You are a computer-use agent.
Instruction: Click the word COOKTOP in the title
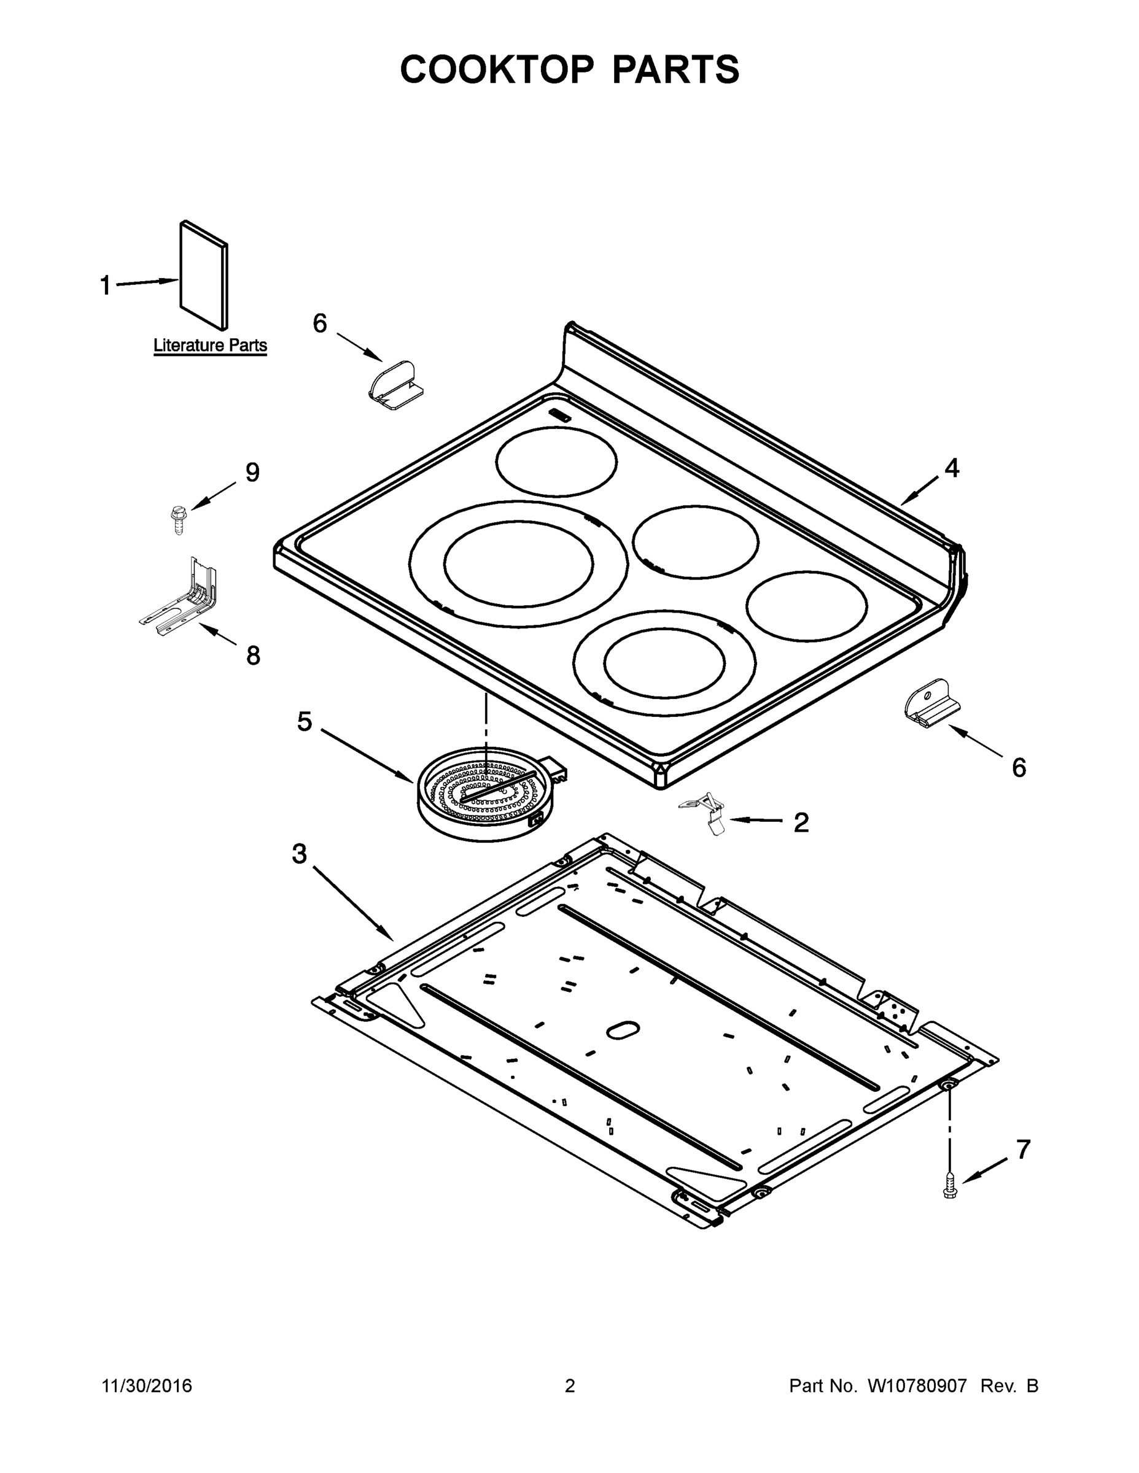[497, 69]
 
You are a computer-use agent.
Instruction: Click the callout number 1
[105, 285]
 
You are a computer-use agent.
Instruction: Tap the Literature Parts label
[210, 346]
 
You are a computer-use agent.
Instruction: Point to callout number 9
[252, 473]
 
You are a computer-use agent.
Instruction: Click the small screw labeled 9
[178, 520]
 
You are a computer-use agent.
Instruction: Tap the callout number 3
[299, 854]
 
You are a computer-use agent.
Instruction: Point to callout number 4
[951, 468]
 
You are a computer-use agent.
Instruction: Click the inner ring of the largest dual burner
[518, 563]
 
